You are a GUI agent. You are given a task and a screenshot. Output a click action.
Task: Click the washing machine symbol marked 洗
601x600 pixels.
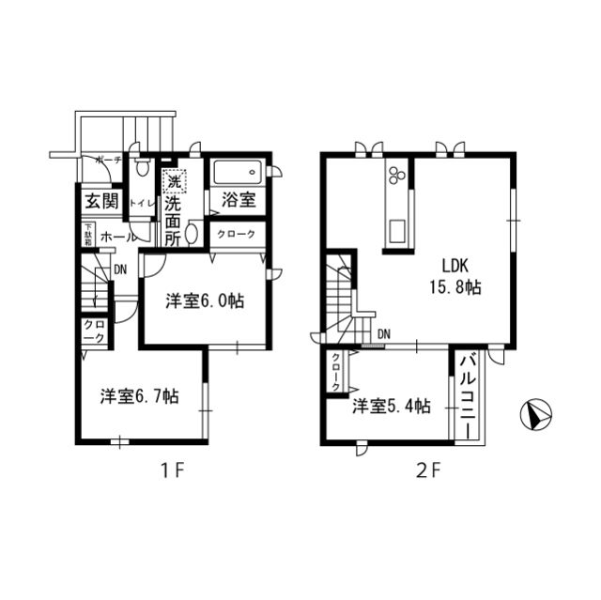click(x=173, y=180)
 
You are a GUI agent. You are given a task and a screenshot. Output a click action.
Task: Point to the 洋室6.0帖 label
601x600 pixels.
click(x=206, y=301)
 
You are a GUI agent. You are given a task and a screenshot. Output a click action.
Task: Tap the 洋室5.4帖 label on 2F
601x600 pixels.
click(x=392, y=407)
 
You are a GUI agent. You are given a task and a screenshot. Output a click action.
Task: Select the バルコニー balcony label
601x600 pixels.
click(x=467, y=395)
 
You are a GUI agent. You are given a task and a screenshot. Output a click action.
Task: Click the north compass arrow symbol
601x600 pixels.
click(x=536, y=414)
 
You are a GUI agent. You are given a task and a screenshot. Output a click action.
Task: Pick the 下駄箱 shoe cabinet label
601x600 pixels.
click(x=86, y=234)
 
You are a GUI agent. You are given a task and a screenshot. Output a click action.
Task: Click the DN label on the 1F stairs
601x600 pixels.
click(x=120, y=269)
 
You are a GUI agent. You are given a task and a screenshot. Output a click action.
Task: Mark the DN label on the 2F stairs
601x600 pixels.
click(x=384, y=332)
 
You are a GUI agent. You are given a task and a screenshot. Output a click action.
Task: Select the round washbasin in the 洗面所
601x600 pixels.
click(x=192, y=233)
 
